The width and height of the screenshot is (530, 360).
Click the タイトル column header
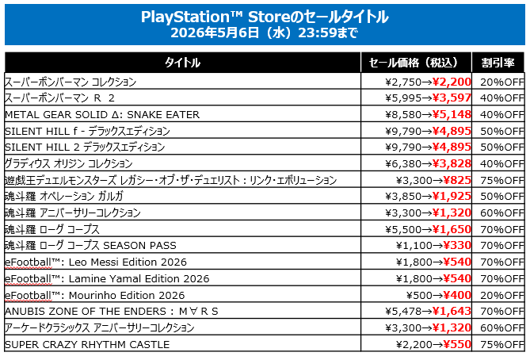tap(182, 63)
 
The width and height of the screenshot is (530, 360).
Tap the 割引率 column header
tap(498, 63)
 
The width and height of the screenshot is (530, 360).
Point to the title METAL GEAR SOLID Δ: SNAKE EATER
tap(102, 114)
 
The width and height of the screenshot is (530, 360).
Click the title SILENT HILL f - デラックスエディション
tap(87, 131)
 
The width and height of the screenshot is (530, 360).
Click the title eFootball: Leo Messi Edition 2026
tap(94, 262)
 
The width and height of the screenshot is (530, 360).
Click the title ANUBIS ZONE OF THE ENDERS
tap(111, 311)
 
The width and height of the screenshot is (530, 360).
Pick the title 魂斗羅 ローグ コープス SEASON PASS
tap(90, 246)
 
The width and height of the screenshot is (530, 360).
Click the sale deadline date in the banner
tap(265, 33)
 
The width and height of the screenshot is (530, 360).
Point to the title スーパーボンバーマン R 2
tap(59, 98)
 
